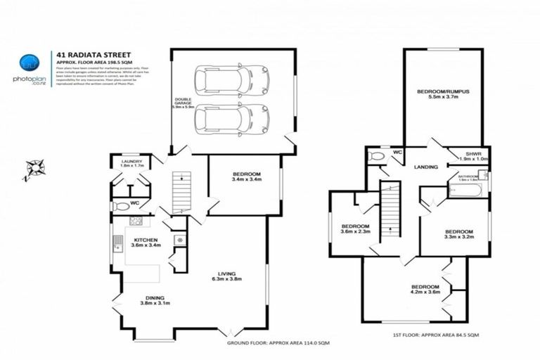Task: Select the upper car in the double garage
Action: pyautogui.click(x=231, y=80)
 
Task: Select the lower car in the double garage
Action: pyautogui.click(x=231, y=118)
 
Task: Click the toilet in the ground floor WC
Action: pyautogui.click(x=122, y=207)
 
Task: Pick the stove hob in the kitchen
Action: pyautogui.click(x=136, y=221)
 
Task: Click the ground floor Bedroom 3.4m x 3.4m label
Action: pyautogui.click(x=246, y=176)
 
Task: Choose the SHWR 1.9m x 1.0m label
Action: pyautogui.click(x=472, y=155)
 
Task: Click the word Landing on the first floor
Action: pyautogui.click(x=426, y=167)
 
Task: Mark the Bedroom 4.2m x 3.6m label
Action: pyautogui.click(x=425, y=290)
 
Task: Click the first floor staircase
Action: pyautogui.click(x=389, y=211)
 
